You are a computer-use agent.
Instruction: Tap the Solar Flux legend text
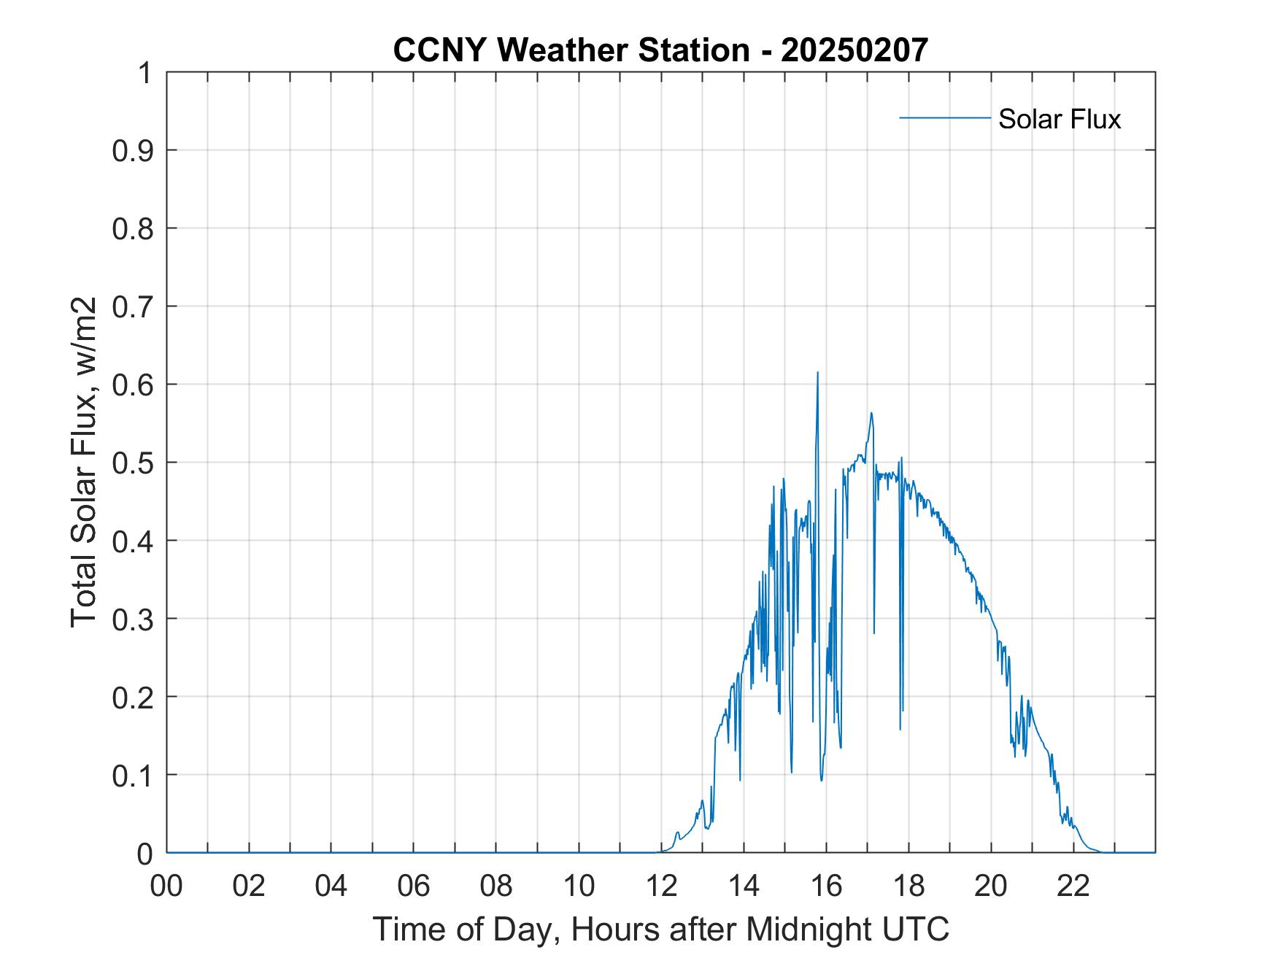pyautogui.click(x=1059, y=119)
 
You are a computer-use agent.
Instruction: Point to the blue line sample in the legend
pyautogui.click(x=944, y=117)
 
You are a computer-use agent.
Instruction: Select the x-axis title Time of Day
pyautogui.click(x=660, y=929)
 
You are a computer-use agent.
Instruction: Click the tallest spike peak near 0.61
pyautogui.click(x=817, y=373)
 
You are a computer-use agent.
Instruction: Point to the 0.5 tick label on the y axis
pyautogui.click(x=135, y=463)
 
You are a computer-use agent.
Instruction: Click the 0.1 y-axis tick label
pyautogui.click(x=135, y=775)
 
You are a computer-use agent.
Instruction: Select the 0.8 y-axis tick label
pyautogui.click(x=135, y=229)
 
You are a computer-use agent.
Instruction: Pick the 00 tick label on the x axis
pyautogui.click(x=166, y=886)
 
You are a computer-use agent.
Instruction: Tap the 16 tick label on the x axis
pyautogui.click(x=826, y=886)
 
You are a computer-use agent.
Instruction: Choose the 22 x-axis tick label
pyautogui.click(x=1073, y=886)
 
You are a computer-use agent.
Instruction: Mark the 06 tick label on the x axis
pyautogui.click(x=414, y=886)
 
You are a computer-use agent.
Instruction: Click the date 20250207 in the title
pyautogui.click(x=854, y=50)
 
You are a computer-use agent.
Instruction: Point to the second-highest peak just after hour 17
pyautogui.click(x=871, y=414)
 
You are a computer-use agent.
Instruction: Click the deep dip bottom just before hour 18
pyautogui.click(x=900, y=728)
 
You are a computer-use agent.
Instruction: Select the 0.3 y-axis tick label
pyautogui.click(x=135, y=619)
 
